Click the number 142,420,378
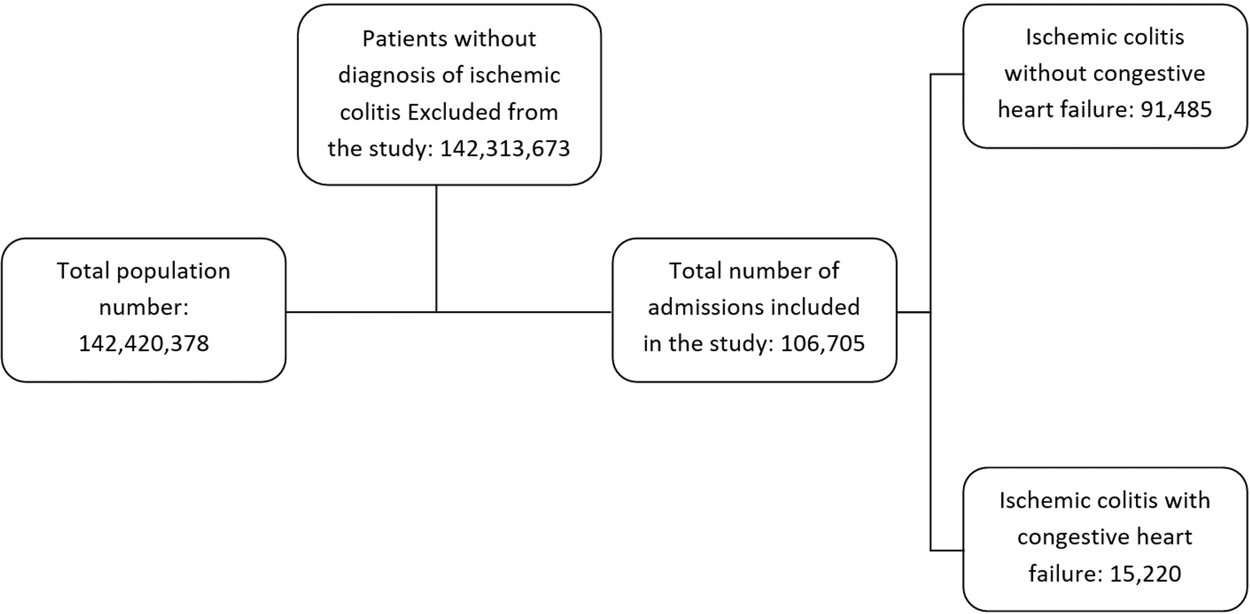pos(144,343)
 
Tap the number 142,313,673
pos(505,148)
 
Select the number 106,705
pos(822,343)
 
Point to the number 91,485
pos(1176,110)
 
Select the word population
pos(173,271)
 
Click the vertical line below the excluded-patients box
pos(436,248)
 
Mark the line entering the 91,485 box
pos(947,74)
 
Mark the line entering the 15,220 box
pos(947,550)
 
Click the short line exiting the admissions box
pos(913,312)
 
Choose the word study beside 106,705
pos(746,343)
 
